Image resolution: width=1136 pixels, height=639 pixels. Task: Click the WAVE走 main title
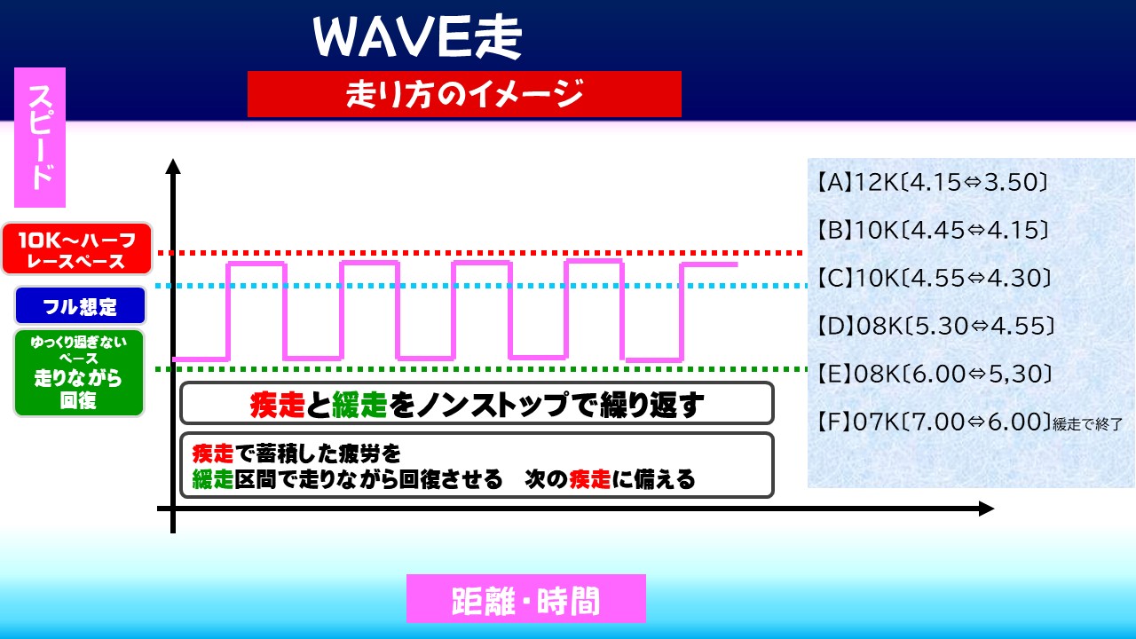pyautogui.click(x=417, y=37)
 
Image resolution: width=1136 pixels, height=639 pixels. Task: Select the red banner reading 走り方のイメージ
pyautogui.click(x=464, y=94)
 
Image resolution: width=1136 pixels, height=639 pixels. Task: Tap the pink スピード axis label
pyautogui.click(x=40, y=138)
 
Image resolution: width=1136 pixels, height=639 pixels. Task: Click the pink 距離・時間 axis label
pyautogui.click(x=526, y=598)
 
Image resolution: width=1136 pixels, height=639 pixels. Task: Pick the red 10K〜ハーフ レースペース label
pyautogui.click(x=77, y=249)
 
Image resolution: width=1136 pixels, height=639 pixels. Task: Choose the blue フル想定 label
pyautogui.click(x=80, y=306)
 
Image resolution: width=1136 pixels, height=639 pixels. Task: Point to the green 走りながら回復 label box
pyautogui.click(x=79, y=373)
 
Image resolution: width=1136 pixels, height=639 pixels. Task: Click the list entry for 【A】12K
pyautogui.click(x=932, y=182)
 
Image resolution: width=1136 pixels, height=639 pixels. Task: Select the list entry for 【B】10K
pyautogui.click(x=932, y=230)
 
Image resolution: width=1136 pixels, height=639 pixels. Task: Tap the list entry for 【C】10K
pyautogui.click(x=933, y=278)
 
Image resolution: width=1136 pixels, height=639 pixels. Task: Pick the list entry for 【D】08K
pyautogui.click(x=935, y=326)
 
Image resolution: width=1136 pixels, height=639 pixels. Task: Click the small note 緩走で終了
pyautogui.click(x=1087, y=424)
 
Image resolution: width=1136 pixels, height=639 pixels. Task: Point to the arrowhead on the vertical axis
pyautogui.click(x=173, y=166)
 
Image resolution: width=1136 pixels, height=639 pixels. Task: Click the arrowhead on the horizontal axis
pyautogui.click(x=986, y=509)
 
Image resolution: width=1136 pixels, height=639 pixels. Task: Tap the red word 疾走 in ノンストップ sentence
pyautogui.click(x=278, y=405)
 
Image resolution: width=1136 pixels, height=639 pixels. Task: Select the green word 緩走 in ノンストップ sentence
pyautogui.click(x=359, y=405)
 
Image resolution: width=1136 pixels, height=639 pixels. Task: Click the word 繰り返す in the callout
pyautogui.click(x=651, y=405)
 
